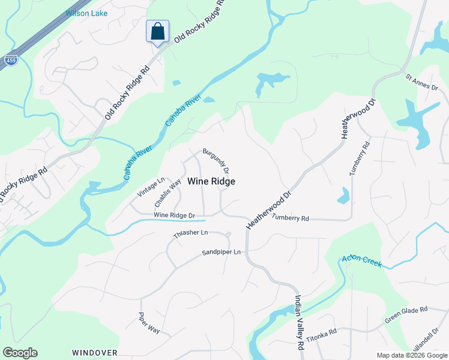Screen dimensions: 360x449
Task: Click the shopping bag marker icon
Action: [157, 31]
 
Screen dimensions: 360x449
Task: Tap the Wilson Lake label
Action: [86, 13]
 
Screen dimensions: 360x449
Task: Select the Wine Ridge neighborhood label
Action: [211, 181]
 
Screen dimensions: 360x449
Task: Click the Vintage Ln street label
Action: [151, 188]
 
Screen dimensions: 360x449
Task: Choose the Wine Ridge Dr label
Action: [175, 215]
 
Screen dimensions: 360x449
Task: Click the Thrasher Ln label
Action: [190, 232]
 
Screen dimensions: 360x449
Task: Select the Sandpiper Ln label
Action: [221, 252]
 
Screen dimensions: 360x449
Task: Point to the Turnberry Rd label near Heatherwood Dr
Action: [290, 218]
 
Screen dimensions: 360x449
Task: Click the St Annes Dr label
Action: [422, 83]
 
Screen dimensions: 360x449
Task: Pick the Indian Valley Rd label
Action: [298, 323]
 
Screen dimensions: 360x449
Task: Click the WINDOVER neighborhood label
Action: [94, 352]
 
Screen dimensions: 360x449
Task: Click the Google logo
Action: [20, 353]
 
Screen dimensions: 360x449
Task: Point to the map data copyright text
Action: [412, 355]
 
